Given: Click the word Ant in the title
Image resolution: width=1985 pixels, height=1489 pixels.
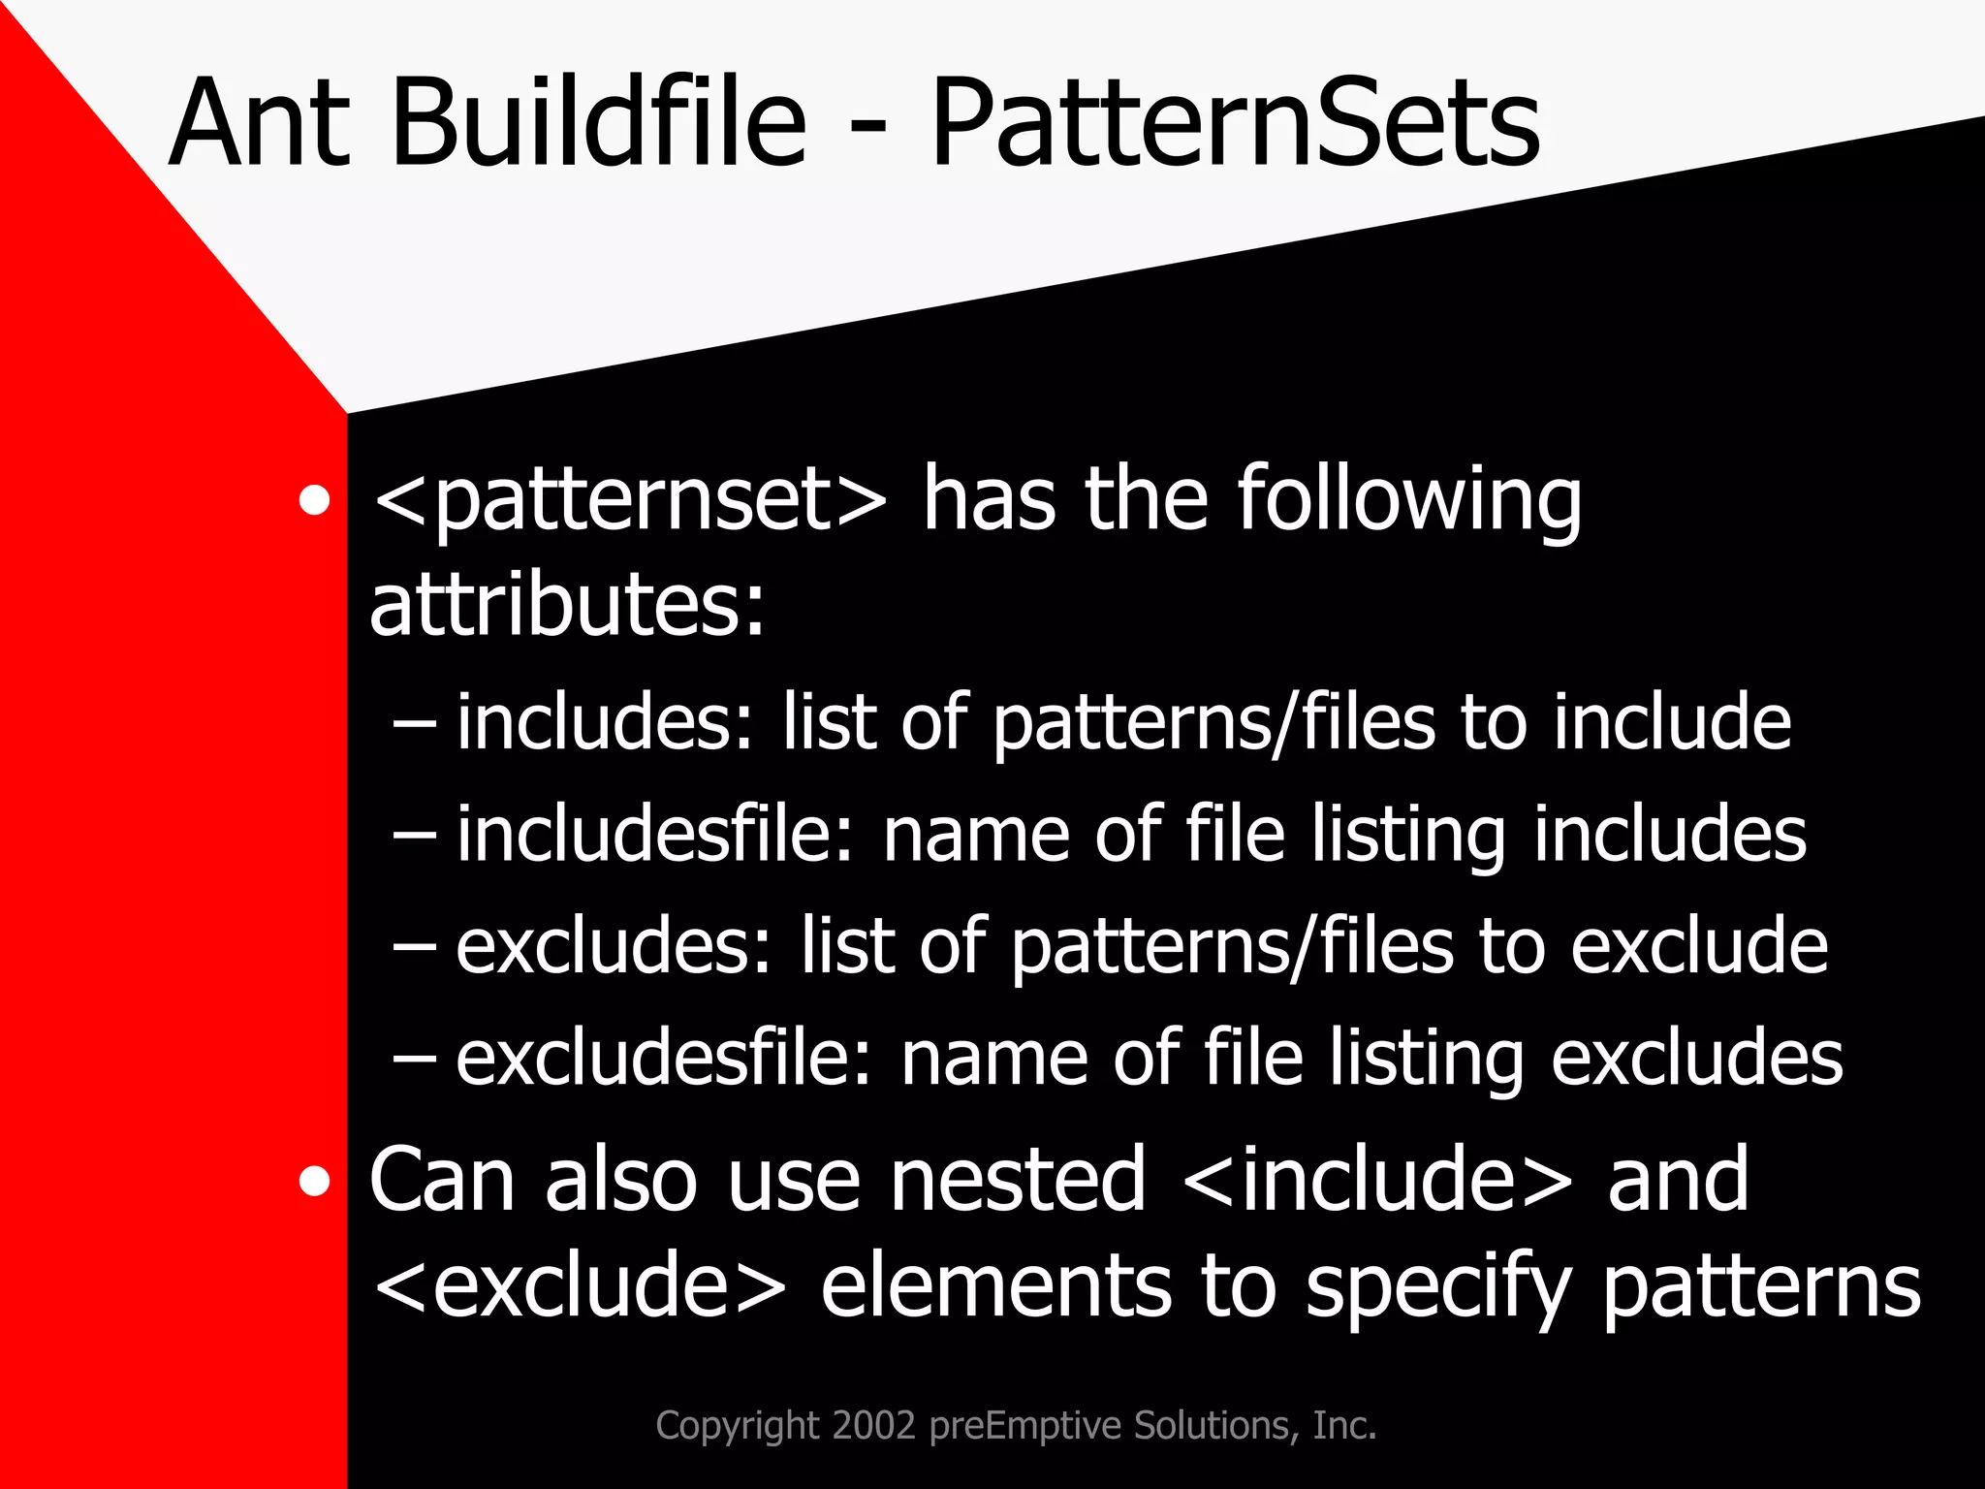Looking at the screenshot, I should click(x=260, y=124).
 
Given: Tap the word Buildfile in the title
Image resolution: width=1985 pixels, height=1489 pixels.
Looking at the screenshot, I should click(x=598, y=124).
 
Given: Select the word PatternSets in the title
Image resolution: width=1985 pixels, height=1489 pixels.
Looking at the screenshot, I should click(x=1234, y=124).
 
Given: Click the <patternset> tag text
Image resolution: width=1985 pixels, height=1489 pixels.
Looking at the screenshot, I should click(x=629, y=500).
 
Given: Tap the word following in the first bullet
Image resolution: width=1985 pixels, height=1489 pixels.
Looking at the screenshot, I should click(x=1408, y=500).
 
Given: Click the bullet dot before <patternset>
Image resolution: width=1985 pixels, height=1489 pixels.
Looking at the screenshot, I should click(x=314, y=502).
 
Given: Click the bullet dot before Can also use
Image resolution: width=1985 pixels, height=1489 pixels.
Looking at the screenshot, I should click(x=314, y=1182).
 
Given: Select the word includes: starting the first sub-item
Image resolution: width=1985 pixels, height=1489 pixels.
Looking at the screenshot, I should click(x=604, y=722).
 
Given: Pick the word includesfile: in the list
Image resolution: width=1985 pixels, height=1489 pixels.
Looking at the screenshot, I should click(x=655, y=835).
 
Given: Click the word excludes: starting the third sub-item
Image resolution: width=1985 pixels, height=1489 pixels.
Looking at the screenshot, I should click(x=613, y=946).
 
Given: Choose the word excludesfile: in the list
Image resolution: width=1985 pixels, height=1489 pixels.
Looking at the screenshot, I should click(x=665, y=1058).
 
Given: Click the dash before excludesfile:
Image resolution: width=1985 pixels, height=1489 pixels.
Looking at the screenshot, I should click(x=415, y=1060).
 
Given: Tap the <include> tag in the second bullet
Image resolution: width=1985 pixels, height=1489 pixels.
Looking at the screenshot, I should click(x=1377, y=1180).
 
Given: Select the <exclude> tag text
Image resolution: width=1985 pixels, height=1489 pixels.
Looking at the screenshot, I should click(x=580, y=1286).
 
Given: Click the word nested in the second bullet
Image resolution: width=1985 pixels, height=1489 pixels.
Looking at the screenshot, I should click(x=1019, y=1180).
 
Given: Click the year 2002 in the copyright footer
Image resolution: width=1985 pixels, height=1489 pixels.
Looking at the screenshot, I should click(x=873, y=1425).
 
